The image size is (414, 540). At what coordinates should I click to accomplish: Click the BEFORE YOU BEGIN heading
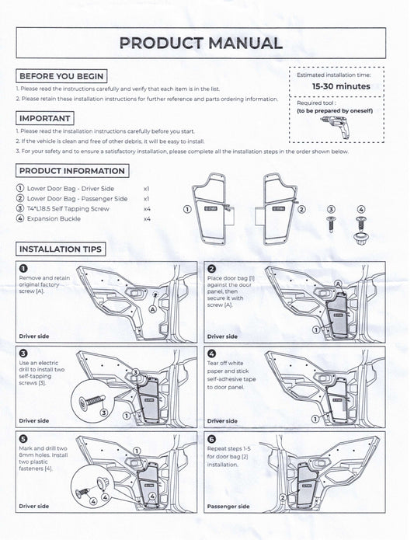point(61,77)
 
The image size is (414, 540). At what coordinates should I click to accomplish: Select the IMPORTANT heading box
point(46,118)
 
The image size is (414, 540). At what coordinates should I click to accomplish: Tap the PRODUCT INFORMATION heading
point(71,171)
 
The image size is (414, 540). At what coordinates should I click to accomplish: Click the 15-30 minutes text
point(341,86)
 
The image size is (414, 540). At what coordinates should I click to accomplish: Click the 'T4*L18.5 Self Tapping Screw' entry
point(75,209)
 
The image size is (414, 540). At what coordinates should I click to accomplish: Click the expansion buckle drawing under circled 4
point(360,229)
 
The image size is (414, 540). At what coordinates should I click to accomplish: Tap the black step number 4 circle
point(210,352)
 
